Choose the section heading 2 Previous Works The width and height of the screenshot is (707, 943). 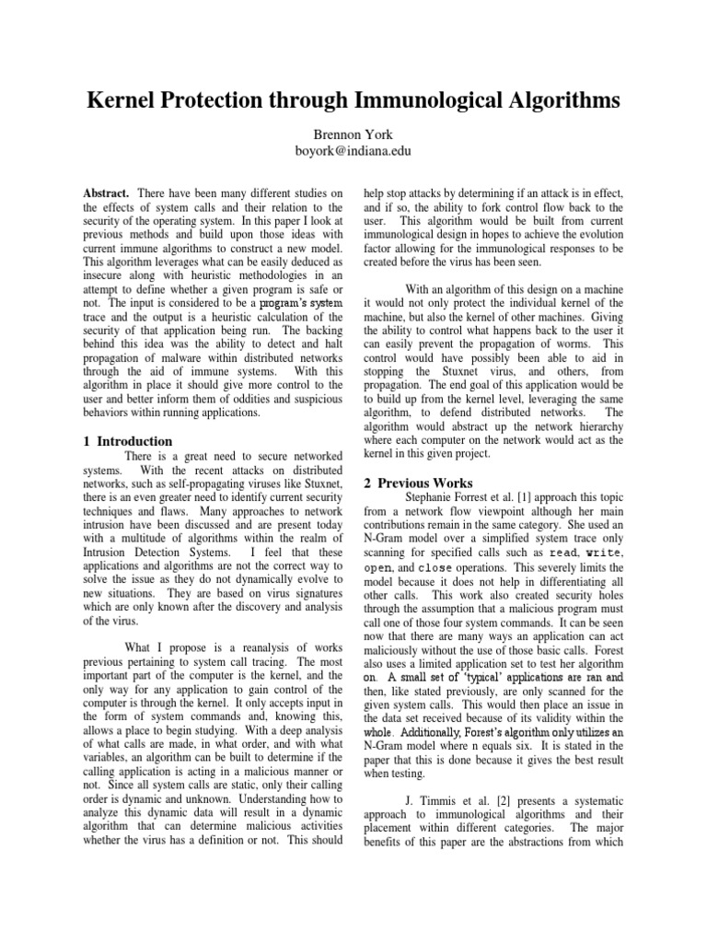coord(418,483)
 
